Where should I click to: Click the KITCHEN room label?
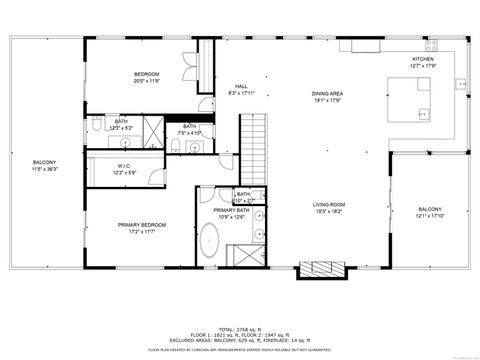[424, 59]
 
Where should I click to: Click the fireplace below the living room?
[321, 269]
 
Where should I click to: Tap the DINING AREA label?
[328, 94]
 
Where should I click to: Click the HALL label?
[241, 86]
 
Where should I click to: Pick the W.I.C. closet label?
[124, 167]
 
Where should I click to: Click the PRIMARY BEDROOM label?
[141, 225]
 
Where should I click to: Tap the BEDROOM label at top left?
[147, 75]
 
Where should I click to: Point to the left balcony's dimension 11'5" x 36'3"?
[44, 169]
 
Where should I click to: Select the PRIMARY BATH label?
[231, 210]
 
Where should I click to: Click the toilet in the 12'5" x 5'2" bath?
[92, 128]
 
